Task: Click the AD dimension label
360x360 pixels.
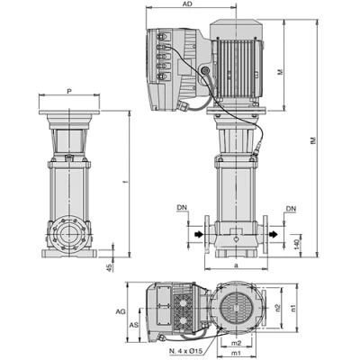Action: tap(185, 5)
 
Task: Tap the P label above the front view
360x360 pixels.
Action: tap(69, 92)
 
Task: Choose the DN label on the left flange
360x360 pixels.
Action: tap(184, 209)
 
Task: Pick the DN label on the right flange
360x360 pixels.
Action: tap(291, 209)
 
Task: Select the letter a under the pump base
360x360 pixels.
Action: tap(234, 266)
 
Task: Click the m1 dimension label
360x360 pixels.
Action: tap(237, 354)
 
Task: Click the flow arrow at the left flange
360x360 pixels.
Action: tap(195, 237)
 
